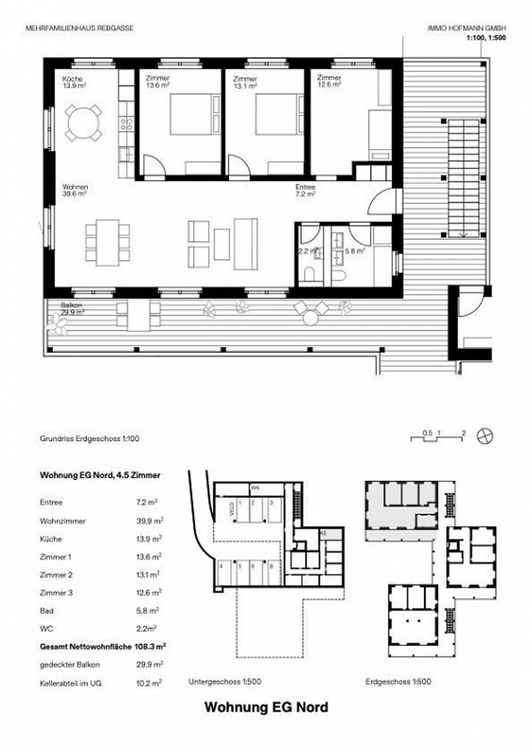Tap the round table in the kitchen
point(84,122)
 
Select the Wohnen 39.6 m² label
point(75,190)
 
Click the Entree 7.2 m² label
point(305,190)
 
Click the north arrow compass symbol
point(485,436)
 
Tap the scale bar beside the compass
point(437,436)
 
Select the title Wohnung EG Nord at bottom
point(266,707)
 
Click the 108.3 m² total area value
point(150,646)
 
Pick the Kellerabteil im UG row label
point(71,683)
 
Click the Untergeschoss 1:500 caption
point(225,681)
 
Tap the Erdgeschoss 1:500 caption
point(398,681)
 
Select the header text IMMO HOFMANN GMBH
point(467,28)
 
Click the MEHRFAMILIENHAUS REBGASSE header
point(79,28)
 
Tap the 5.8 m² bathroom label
point(355,251)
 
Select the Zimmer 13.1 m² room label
point(245,82)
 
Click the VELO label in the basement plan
point(232,509)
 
